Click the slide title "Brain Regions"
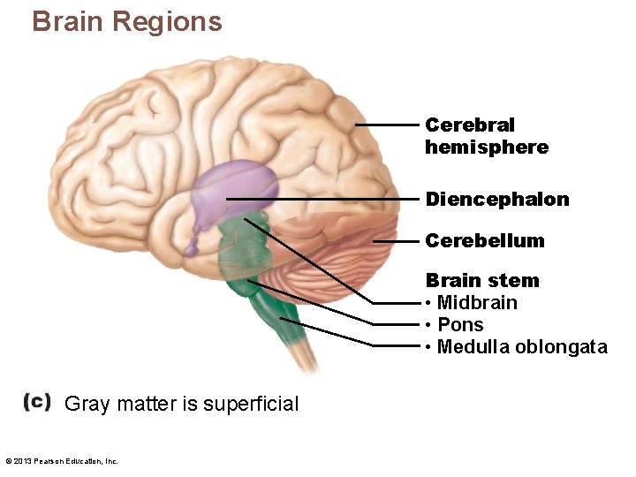click(x=127, y=20)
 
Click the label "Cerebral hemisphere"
click(x=486, y=136)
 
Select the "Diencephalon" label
click(x=497, y=200)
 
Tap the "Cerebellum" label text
click(x=485, y=240)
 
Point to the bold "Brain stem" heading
click(x=482, y=281)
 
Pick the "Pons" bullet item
click(x=460, y=325)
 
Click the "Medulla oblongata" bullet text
click(x=522, y=347)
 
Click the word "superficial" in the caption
click(x=251, y=404)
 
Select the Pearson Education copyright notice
click(x=62, y=460)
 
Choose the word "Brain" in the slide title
click(x=65, y=20)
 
